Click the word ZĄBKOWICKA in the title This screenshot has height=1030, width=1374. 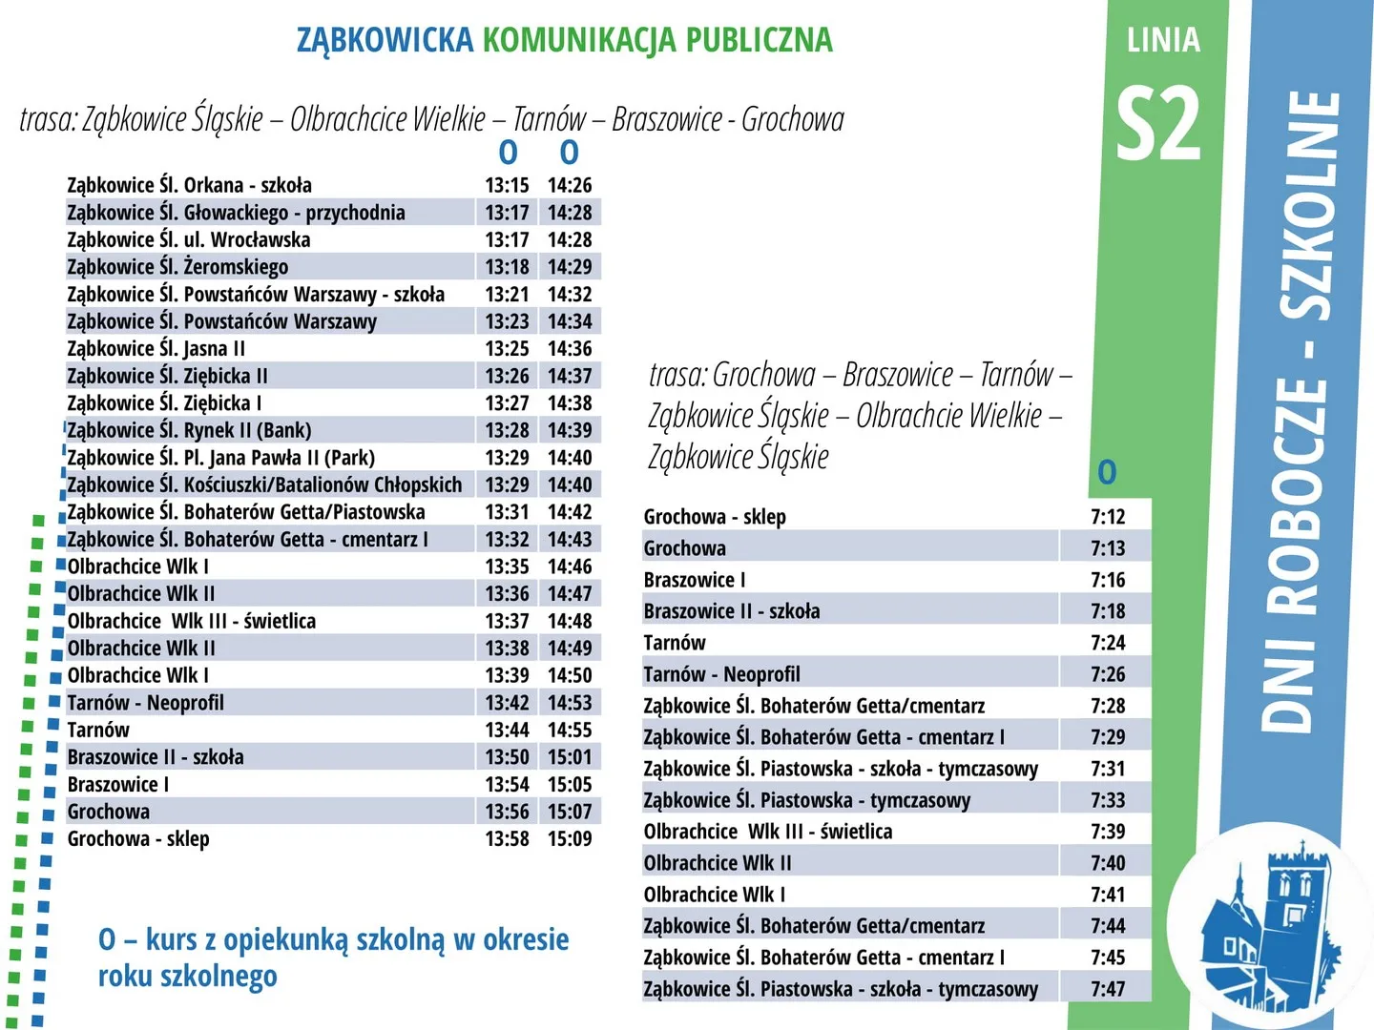click(385, 40)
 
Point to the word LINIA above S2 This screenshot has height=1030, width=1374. click(1163, 40)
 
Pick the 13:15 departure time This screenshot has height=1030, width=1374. click(507, 185)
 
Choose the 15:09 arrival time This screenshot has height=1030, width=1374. click(570, 839)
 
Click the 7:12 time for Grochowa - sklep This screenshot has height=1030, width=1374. click(1108, 517)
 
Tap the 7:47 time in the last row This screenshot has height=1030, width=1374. click(1108, 989)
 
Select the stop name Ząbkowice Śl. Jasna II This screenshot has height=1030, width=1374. click(156, 349)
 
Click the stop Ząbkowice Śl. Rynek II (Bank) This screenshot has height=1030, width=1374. click(189, 430)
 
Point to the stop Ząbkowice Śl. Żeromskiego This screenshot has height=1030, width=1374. click(177, 267)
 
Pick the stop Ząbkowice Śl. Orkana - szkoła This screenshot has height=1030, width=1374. click(189, 185)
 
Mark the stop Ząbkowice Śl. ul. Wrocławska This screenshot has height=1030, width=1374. click(188, 240)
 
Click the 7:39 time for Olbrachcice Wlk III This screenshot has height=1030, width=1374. click(1108, 832)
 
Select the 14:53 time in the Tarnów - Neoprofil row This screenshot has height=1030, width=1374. click(570, 703)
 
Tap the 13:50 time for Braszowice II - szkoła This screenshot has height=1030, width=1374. click(507, 757)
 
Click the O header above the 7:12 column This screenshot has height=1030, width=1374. click(1107, 472)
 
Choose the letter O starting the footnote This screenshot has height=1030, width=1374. click(107, 940)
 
